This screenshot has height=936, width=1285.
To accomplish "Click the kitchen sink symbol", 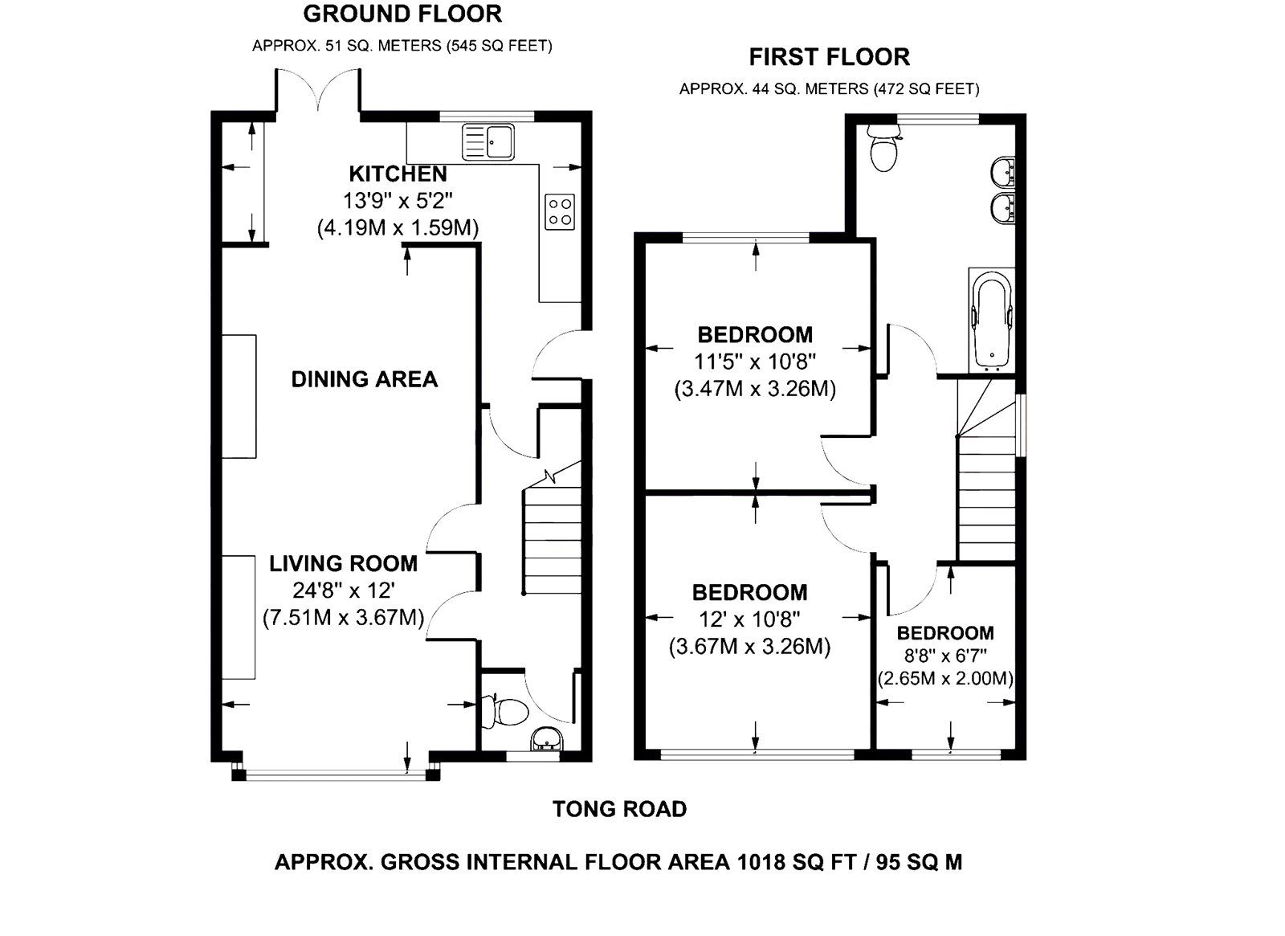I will tap(487, 141).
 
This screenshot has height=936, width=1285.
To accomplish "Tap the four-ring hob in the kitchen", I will tap(560, 211).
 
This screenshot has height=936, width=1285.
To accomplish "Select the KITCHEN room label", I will tap(398, 174).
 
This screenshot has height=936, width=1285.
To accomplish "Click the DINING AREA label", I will tap(364, 379).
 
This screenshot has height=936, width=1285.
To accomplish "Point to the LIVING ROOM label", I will tap(343, 564).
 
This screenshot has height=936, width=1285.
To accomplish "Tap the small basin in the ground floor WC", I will tap(548, 738).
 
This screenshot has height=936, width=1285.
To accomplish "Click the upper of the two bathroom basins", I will tap(1002, 172).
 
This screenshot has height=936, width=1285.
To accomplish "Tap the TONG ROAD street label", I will tap(619, 809).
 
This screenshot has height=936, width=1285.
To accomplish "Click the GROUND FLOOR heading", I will tap(402, 14).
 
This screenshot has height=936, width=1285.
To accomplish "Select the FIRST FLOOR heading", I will tap(829, 57).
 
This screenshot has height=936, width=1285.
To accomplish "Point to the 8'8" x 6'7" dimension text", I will tap(945, 656).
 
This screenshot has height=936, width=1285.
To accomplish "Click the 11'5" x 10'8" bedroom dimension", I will tap(754, 361).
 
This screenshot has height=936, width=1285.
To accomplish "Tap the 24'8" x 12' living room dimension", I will tap(343, 591).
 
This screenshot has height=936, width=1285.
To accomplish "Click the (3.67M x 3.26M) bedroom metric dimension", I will tap(749, 647).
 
